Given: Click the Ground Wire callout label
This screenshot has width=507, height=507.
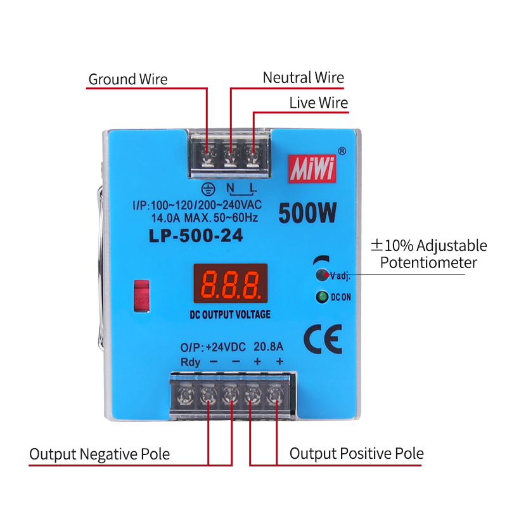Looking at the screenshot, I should coord(127,79).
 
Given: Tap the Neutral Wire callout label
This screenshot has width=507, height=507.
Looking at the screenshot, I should coord(303,78).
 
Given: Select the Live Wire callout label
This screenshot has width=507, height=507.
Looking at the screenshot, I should coord(318,103).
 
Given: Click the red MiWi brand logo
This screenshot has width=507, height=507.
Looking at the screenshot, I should coord(311,170).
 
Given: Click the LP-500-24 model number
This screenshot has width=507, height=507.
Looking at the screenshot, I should coord(195,236).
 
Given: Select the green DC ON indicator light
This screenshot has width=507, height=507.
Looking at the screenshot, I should coord(322,297).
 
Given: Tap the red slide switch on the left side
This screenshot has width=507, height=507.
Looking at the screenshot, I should coord(141,295).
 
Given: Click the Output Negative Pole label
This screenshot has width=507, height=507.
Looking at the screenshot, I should coord(99,454).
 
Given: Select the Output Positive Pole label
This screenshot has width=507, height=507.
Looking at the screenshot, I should coord(356,454).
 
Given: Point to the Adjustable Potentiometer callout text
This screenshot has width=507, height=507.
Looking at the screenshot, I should coord(428,253).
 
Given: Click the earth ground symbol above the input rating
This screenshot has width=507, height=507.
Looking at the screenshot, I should coord(205,188).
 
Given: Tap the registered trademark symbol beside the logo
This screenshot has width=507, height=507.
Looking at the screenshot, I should coord(342,151).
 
